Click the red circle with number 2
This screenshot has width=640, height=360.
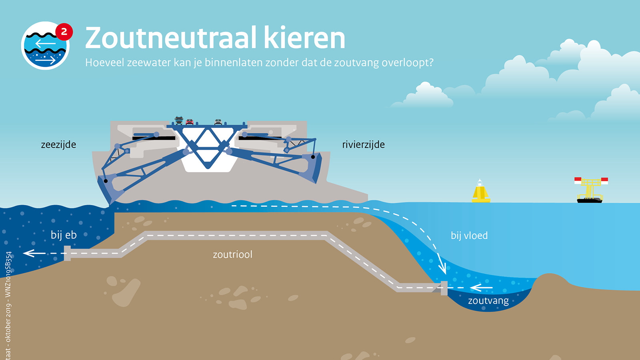[x=64, y=32]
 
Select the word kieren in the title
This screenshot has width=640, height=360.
[x=304, y=38]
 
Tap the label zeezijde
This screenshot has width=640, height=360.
[x=58, y=144]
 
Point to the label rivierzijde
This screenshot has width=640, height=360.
[x=364, y=144]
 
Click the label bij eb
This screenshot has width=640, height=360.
[x=64, y=235]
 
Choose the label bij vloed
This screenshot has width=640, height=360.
[x=469, y=236]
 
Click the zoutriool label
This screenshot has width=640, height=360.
[x=232, y=254]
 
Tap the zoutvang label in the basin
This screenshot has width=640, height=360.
[x=488, y=300]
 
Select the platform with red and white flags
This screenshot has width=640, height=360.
[x=591, y=190]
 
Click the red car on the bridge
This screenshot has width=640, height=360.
[x=190, y=122]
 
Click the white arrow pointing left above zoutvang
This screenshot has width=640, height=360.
[x=481, y=288]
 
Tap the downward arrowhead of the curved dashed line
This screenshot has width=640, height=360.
[x=442, y=268]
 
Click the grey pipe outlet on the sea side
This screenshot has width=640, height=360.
[x=67, y=254]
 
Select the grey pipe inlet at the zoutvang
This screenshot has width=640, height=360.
[x=444, y=288]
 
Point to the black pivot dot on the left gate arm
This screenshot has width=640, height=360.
[x=106, y=181]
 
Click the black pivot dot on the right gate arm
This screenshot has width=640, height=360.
[x=313, y=157]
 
